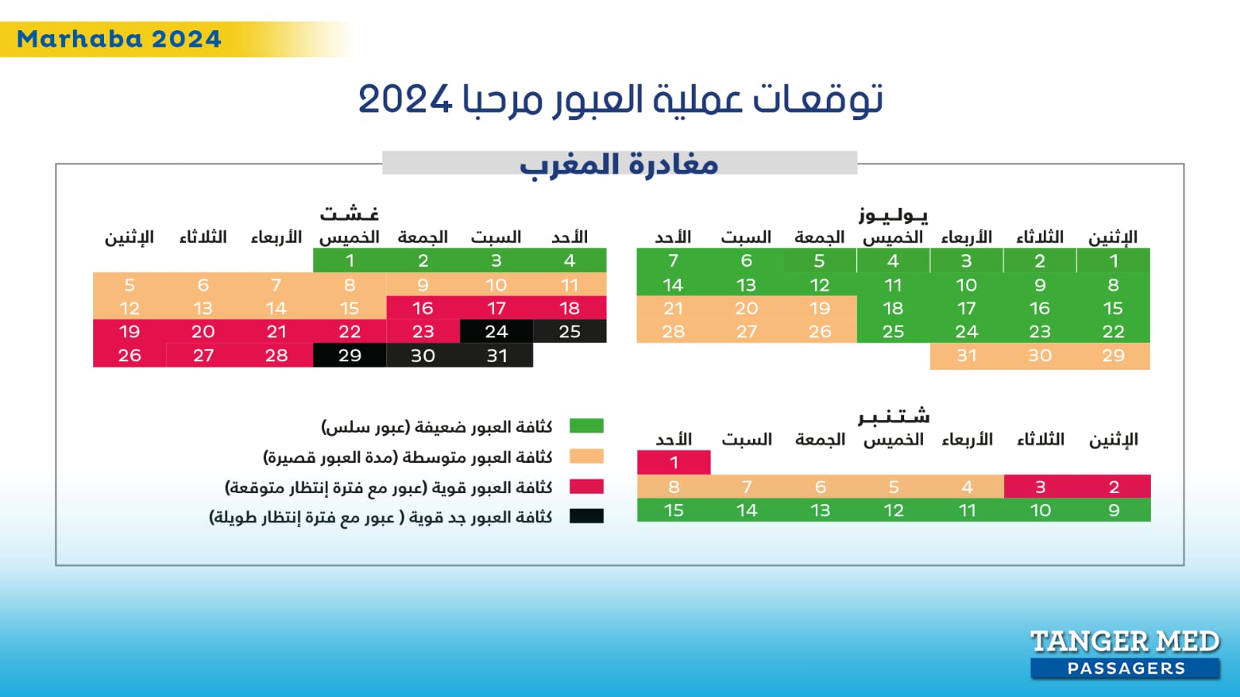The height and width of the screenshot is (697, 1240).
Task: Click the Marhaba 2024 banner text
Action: (119, 39)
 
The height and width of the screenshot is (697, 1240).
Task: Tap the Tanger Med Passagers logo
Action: (1124, 654)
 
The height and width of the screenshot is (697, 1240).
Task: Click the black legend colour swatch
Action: (586, 516)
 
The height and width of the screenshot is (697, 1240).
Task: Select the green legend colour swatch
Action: (586, 426)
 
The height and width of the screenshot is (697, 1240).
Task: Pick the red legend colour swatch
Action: (586, 487)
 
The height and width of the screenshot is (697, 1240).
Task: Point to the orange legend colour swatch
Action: (586, 456)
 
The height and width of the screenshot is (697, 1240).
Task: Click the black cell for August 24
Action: (496, 332)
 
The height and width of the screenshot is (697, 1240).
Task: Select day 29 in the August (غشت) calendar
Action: (350, 355)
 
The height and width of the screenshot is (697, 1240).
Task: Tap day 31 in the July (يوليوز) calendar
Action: (966, 355)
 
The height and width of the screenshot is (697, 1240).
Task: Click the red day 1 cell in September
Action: (674, 462)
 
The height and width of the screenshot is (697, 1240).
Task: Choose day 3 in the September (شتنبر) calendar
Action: (1040, 486)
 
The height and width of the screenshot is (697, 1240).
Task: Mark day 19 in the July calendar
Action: (820, 308)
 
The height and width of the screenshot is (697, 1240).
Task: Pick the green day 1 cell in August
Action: (350, 261)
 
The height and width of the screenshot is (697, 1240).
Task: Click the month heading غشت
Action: (350, 213)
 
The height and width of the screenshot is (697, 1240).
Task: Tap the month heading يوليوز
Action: (893, 215)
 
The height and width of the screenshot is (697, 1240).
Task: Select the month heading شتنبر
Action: (893, 417)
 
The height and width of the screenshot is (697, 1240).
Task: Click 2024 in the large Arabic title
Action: (405, 99)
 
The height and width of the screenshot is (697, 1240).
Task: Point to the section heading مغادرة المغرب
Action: (619, 164)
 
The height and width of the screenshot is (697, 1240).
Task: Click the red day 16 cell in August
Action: (423, 308)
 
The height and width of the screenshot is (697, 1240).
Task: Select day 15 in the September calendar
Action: (674, 510)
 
